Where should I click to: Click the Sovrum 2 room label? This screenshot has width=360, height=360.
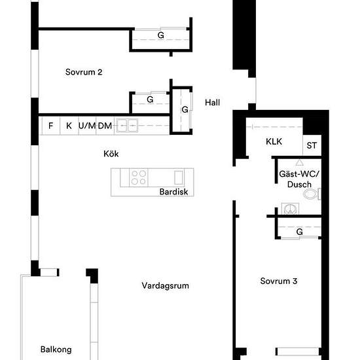[x=83, y=73]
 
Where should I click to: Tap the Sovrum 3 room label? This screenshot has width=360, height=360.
[x=279, y=281]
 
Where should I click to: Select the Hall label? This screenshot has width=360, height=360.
[x=212, y=103]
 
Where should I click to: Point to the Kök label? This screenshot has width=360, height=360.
[x=111, y=154]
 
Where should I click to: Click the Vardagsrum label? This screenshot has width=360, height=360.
[x=160, y=286]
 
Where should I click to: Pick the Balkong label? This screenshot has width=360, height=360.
[x=56, y=350]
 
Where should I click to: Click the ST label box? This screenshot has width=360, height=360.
[x=312, y=145]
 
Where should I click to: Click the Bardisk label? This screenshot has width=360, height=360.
[x=173, y=192]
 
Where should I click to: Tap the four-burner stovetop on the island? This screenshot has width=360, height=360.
[x=138, y=177]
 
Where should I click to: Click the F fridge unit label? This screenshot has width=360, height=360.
[x=50, y=125]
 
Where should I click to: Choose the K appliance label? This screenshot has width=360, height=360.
[x=69, y=125]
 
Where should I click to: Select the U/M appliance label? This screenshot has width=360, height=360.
[x=87, y=125]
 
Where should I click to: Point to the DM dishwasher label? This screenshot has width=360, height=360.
[x=105, y=125]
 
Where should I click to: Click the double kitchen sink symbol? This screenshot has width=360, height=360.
[x=128, y=125]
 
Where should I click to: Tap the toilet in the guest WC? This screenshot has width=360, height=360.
[x=319, y=193]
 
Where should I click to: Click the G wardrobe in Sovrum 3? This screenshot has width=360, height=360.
[x=299, y=232]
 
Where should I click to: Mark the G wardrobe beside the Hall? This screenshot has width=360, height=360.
[x=185, y=109]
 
